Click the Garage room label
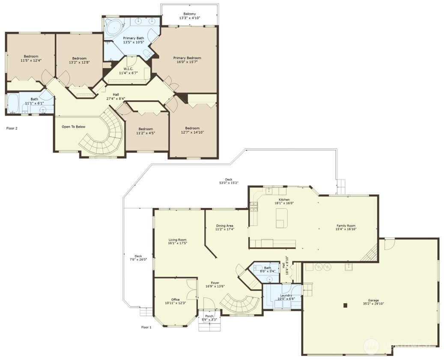(x=370, y=300)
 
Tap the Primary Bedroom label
(x=187, y=58)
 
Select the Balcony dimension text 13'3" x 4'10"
(x=189, y=18)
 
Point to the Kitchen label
(x=284, y=199)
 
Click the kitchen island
(x=281, y=218)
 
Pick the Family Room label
(x=346, y=226)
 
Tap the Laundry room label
(x=286, y=295)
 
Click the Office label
(x=175, y=300)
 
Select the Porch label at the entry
(x=209, y=316)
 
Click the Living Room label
(x=177, y=240)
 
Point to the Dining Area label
(x=224, y=226)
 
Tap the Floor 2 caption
(x=12, y=128)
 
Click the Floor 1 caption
(x=146, y=327)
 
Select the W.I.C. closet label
(x=128, y=69)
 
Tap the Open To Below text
(x=74, y=127)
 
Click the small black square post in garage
(x=345, y=305)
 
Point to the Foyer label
(x=215, y=283)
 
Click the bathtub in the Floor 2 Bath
(x=13, y=102)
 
